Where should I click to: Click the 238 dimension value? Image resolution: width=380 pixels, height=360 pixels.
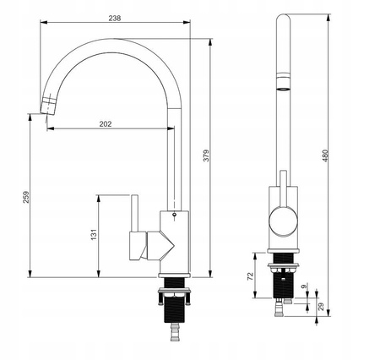point(115,18)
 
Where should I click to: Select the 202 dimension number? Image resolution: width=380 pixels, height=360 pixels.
point(106,124)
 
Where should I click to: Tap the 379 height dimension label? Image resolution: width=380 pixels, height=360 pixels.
point(206,155)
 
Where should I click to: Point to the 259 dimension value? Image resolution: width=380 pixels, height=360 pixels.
point(26,197)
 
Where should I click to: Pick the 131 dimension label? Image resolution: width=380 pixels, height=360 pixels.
point(94,234)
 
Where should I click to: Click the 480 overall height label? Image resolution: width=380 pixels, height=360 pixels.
point(325,155)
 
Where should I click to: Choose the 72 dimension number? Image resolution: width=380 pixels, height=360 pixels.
point(250,275)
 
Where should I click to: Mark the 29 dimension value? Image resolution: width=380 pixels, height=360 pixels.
point(321,307)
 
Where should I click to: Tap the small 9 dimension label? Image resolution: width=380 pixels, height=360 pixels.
point(304,286)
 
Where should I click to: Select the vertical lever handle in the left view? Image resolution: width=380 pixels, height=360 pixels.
point(134,213)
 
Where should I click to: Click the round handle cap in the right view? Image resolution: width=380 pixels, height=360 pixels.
point(283,221)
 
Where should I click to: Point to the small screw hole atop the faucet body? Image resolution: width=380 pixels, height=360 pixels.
point(174,214)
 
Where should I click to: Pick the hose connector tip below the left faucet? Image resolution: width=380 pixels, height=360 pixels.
point(175,332)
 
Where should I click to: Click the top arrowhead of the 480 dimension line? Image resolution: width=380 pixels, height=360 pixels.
point(328,18)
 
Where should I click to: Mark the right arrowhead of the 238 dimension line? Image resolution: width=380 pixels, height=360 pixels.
point(187,22)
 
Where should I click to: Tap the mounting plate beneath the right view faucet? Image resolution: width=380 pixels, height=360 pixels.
point(283,265)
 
